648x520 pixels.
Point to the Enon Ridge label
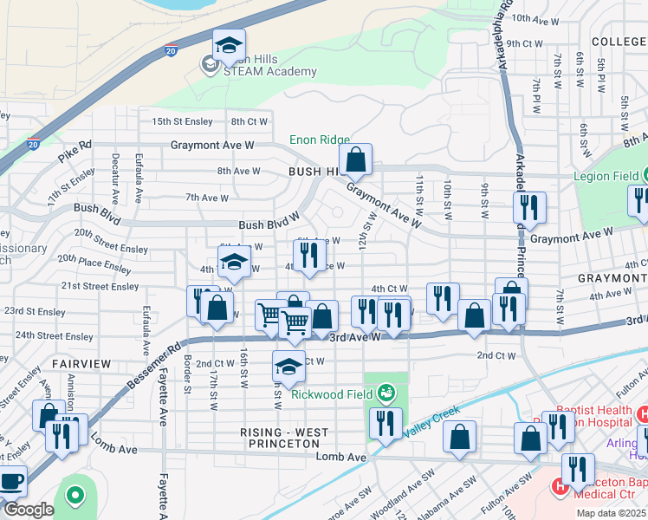click(x=319, y=140)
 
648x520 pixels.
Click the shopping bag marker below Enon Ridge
click(x=355, y=160)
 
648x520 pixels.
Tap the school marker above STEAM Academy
click(x=229, y=45)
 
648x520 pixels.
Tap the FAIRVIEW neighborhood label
click(x=81, y=364)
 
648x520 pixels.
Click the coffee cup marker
click(x=11, y=481)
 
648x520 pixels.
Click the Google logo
click(x=28, y=510)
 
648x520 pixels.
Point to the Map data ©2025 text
click(x=611, y=513)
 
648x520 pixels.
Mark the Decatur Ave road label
click(x=115, y=180)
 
